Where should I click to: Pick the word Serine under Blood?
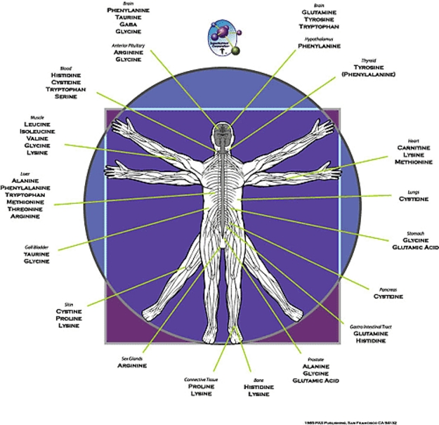(67, 97)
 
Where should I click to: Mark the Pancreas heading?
(387, 288)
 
